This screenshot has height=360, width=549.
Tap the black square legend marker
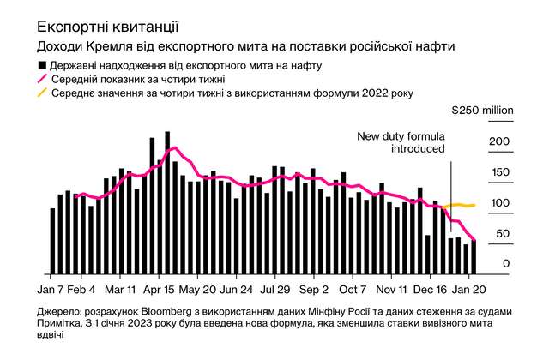pos(42,64)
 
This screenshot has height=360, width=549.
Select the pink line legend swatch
pos(42,79)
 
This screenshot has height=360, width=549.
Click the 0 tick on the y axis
pos(506,264)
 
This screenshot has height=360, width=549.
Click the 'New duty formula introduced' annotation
pos(401,142)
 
